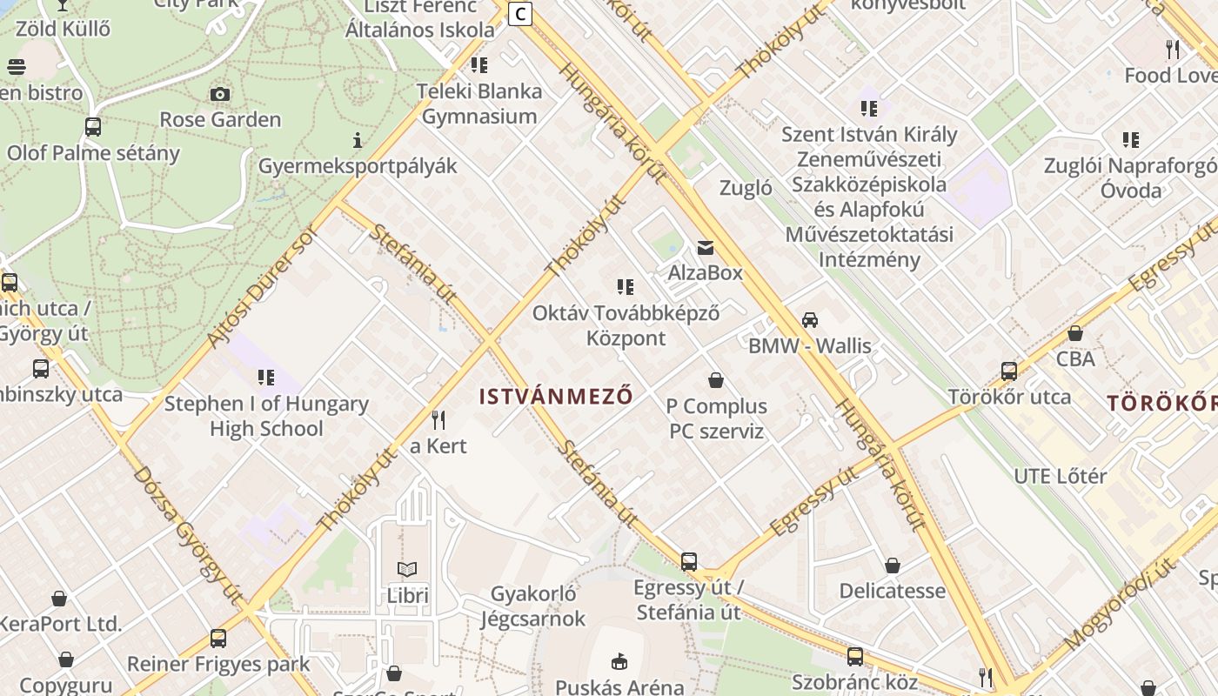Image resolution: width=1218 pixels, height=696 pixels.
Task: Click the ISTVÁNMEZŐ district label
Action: (x=555, y=397)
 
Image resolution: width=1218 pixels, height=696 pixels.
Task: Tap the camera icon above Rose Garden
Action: (x=220, y=94)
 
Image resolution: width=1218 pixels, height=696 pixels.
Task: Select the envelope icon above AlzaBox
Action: (x=705, y=248)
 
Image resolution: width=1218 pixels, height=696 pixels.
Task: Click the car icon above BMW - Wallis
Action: (x=810, y=320)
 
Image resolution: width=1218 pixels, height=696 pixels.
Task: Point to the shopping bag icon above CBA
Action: (x=1075, y=333)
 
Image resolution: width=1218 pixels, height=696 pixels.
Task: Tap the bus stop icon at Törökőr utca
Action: (x=1009, y=371)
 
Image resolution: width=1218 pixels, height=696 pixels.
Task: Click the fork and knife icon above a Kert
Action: (x=438, y=420)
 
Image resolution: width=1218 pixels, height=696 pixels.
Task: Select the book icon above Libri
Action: (x=407, y=570)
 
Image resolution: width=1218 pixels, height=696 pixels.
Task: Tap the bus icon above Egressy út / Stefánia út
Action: (x=689, y=562)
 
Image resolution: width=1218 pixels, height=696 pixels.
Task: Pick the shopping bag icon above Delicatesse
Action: (x=892, y=566)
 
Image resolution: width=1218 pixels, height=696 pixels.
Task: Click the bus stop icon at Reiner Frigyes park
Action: (x=218, y=639)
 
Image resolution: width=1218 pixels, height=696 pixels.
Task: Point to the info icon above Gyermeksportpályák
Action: (x=357, y=140)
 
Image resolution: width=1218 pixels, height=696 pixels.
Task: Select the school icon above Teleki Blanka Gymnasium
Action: (x=478, y=65)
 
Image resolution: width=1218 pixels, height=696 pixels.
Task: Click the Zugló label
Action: (x=746, y=188)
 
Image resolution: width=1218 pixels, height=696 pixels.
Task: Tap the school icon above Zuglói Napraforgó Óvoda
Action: (x=1131, y=140)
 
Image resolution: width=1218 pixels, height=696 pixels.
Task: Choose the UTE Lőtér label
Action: (x=1061, y=476)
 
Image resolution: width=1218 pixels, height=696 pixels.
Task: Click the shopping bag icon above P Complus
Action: (x=716, y=380)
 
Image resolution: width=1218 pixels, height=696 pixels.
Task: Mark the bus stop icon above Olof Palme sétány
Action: (x=93, y=127)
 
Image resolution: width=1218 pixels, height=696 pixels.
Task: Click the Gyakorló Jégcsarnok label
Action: (x=533, y=606)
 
